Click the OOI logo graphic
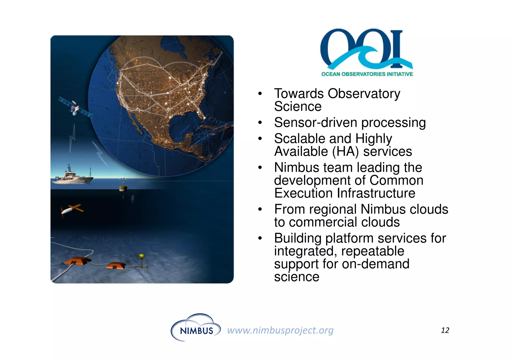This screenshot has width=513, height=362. (366, 49)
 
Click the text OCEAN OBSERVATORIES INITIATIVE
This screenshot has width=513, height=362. (367, 74)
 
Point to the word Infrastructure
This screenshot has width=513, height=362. (376, 193)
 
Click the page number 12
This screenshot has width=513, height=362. (445, 330)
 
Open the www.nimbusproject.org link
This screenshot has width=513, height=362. (280, 330)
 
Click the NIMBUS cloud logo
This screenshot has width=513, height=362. (196, 328)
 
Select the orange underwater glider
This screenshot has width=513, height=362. (71, 209)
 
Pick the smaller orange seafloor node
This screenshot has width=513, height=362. (115, 265)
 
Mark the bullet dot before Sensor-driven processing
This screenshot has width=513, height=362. (260, 123)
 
